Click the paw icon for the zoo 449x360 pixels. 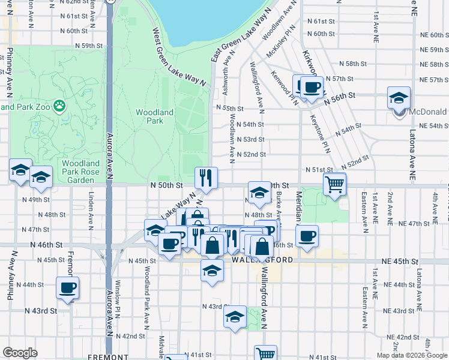[x=59, y=107]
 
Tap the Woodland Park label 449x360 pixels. [x=154, y=116]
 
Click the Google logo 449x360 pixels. [x=20, y=353]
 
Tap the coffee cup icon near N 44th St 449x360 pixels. [x=67, y=288]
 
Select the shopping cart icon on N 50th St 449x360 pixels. [x=334, y=184]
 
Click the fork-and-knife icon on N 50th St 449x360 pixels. [x=206, y=178]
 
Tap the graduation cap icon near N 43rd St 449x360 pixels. [x=235, y=317]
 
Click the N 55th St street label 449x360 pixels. [x=230, y=109]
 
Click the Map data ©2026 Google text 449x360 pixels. [x=412, y=355]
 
